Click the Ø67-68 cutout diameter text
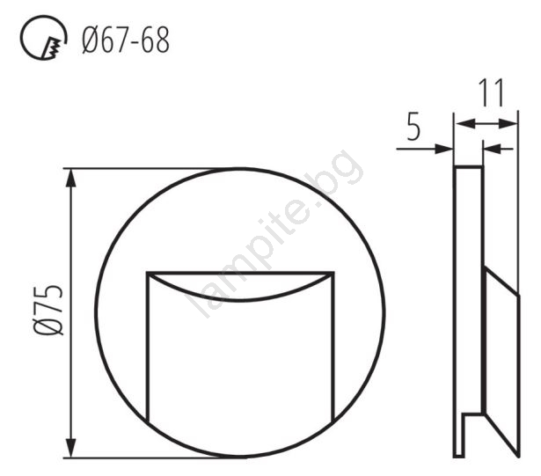(x=126, y=40)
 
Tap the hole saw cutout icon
(x=43, y=38)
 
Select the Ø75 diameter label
(x=48, y=311)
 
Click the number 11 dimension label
(x=492, y=92)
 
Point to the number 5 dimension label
(x=413, y=127)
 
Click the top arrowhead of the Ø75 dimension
(x=70, y=179)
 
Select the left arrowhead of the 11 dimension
(x=465, y=123)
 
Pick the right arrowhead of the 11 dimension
(x=508, y=123)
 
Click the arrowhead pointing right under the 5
(x=444, y=149)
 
